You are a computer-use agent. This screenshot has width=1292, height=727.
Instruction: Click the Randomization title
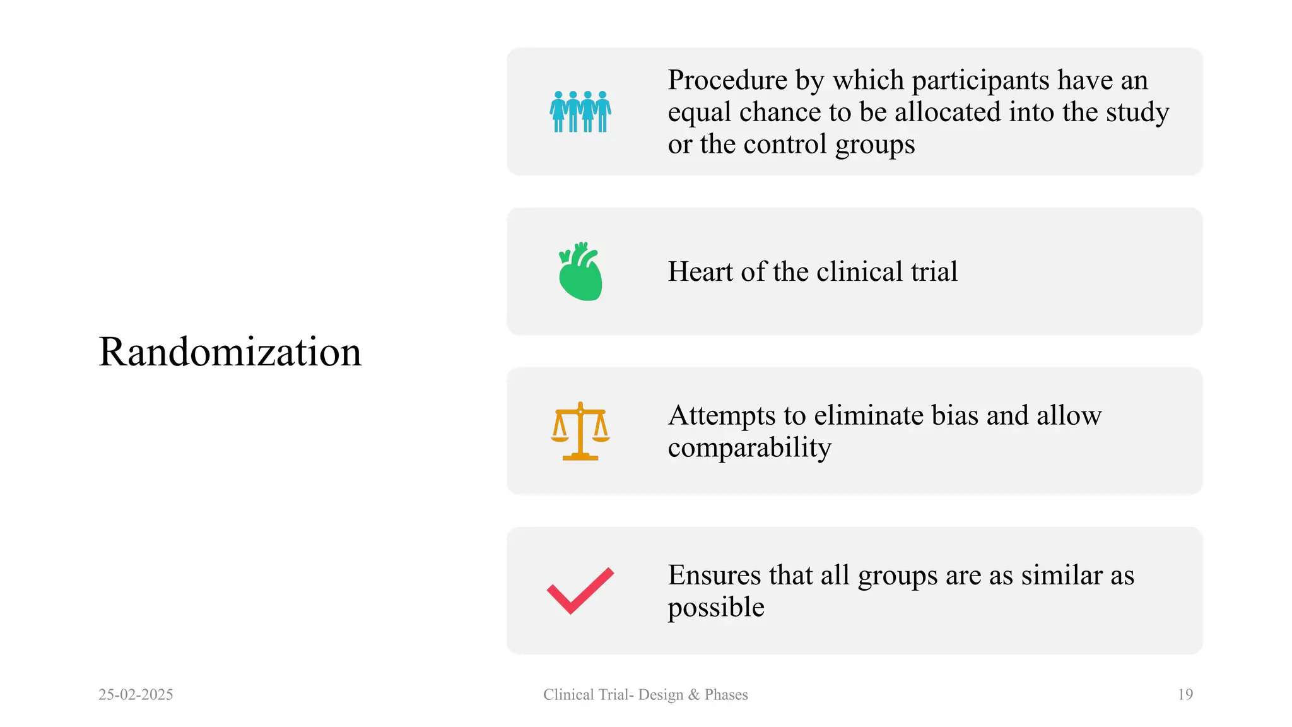(x=230, y=352)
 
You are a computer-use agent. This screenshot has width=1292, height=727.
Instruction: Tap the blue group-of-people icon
(x=580, y=112)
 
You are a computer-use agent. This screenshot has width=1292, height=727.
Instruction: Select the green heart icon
(x=580, y=272)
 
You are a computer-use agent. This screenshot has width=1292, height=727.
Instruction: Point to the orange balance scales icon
(x=580, y=432)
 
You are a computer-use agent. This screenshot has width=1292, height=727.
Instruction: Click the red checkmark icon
(x=580, y=591)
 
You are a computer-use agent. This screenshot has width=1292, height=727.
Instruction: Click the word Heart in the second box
(x=700, y=272)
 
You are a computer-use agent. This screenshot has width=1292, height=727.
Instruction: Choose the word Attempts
(x=722, y=416)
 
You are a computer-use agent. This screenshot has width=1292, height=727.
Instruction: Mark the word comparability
(x=749, y=448)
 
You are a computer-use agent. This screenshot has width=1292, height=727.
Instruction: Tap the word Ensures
(x=714, y=576)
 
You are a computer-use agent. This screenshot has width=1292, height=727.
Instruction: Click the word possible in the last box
(x=716, y=608)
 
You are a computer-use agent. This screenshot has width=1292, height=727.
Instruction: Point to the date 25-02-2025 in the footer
(x=136, y=695)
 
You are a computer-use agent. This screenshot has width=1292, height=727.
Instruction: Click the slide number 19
(x=1185, y=695)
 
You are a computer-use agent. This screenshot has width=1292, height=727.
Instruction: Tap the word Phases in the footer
(x=726, y=695)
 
